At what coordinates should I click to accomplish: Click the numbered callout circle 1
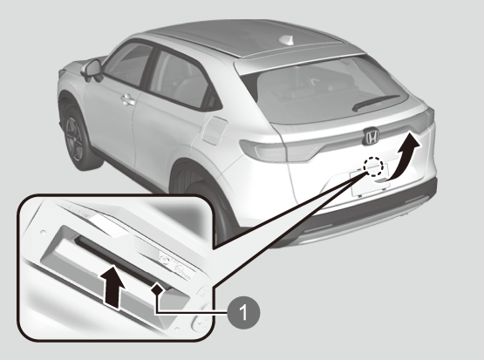click(243, 313)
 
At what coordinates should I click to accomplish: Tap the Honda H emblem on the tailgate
click(371, 136)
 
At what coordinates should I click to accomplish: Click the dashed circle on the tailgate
click(373, 166)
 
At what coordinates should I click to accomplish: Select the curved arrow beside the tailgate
click(405, 156)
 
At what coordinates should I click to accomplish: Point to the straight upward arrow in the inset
click(114, 286)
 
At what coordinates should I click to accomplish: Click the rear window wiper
click(376, 103)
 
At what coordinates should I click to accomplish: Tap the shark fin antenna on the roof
click(286, 40)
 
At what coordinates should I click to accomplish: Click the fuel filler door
click(215, 131)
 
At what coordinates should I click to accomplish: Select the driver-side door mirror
click(92, 70)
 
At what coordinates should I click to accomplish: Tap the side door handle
click(128, 100)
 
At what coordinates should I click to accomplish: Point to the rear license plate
click(370, 183)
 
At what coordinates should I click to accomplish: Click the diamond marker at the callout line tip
click(157, 290)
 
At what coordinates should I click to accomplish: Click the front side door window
click(129, 64)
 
